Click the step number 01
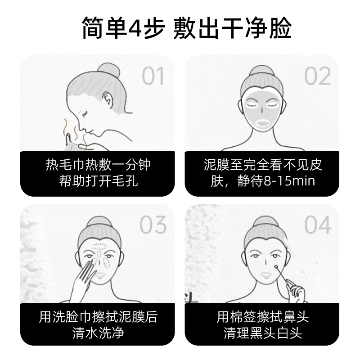point(153,76)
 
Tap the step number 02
point(317,76)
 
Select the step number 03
point(153,225)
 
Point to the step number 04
point(317,225)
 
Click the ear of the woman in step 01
point(108,100)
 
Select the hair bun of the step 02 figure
point(262,72)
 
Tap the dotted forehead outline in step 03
point(99,246)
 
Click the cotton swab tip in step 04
point(275,267)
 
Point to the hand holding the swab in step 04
point(297,294)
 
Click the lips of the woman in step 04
point(265,274)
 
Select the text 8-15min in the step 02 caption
point(289,181)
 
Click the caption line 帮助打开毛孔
point(98,181)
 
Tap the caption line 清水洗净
point(98,333)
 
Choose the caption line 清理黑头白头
point(263,333)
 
